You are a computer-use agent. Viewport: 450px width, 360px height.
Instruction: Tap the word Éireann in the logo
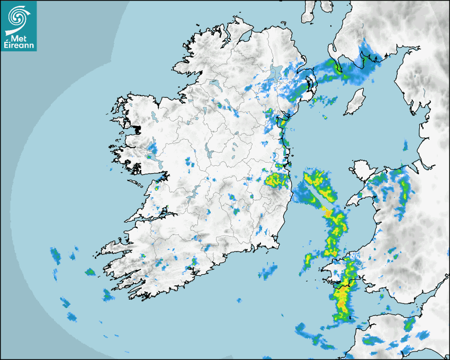click(19, 45)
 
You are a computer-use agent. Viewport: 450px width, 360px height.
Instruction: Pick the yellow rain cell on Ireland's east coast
click(275, 180)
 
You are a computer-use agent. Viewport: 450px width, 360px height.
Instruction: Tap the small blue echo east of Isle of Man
click(406, 145)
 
